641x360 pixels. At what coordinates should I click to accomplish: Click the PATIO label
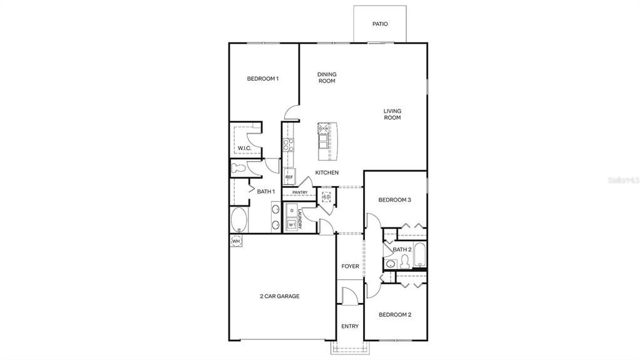[x=380, y=24]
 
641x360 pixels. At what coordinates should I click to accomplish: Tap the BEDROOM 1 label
[x=262, y=79]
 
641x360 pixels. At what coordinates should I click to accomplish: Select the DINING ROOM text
[x=327, y=78]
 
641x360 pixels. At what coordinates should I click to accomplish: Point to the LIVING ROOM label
[x=392, y=115]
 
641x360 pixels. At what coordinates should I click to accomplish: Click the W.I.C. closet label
[x=244, y=148]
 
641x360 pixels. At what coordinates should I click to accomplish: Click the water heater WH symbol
[x=236, y=241]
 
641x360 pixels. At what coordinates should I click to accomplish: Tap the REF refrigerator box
[x=289, y=177]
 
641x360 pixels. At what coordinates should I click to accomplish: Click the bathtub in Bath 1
[x=239, y=220]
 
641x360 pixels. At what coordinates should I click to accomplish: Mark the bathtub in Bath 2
[x=420, y=255]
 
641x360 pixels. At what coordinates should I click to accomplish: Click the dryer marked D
[x=291, y=210]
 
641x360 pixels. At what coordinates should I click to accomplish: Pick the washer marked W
[x=291, y=224]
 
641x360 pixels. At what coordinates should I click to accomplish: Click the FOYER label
[x=350, y=267]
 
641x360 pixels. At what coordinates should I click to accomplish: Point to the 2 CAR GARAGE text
[x=279, y=296]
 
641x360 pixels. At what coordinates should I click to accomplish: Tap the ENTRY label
[x=350, y=326]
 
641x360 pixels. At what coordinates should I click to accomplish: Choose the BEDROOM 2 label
[x=395, y=315]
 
